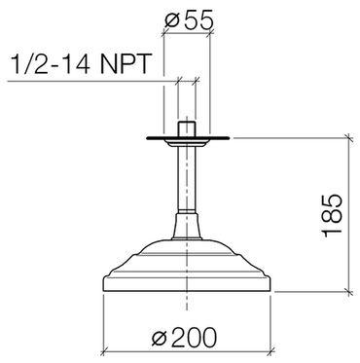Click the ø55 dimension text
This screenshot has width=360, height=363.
point(189,19)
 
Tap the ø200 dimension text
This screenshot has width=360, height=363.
point(184,338)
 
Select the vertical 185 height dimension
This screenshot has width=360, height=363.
point(332,215)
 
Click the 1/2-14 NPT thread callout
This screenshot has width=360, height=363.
point(81,63)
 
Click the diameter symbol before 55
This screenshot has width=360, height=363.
point(172,20)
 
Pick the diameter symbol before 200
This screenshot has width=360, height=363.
point(160,339)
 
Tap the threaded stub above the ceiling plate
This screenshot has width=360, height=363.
point(187,129)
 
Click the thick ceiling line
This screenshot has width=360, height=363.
point(188,138)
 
